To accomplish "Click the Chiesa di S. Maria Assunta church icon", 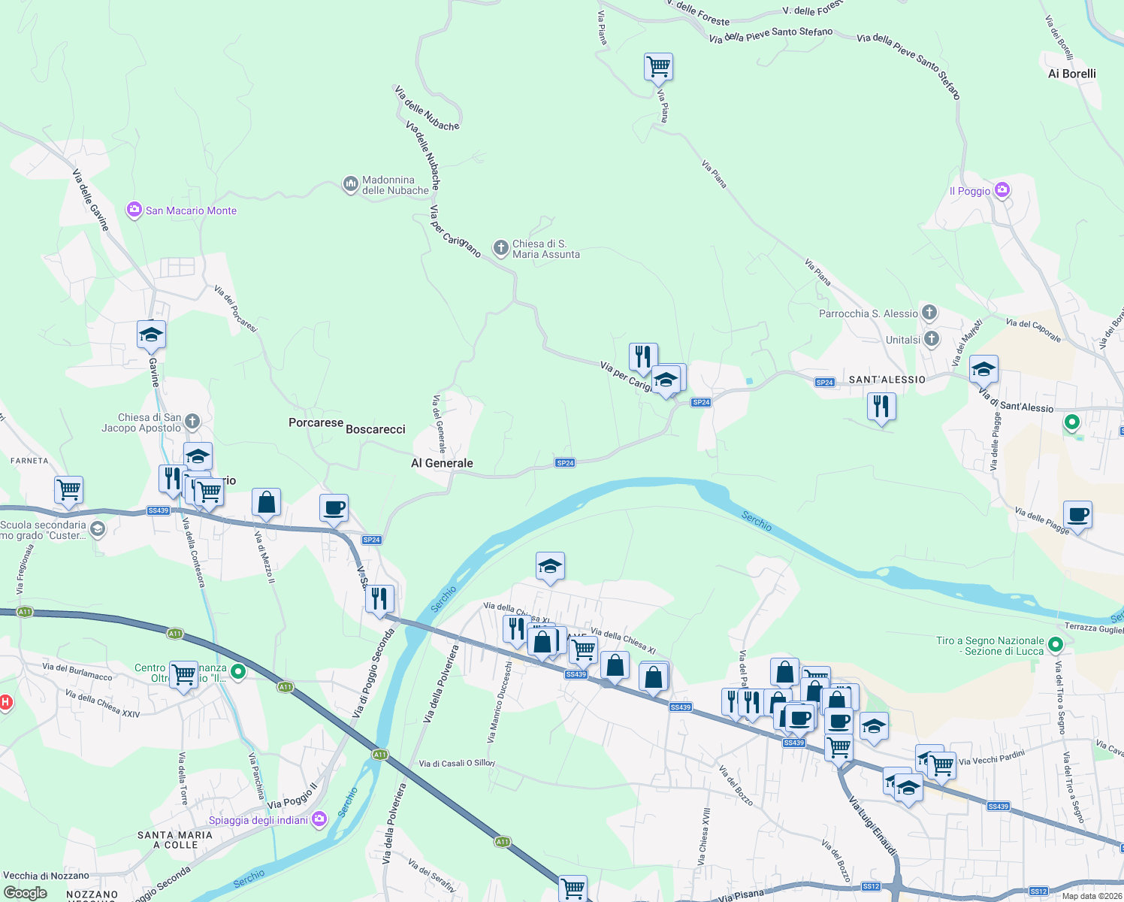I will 501,248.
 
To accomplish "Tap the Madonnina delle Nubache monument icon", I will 350,184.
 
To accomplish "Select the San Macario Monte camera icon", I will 134,210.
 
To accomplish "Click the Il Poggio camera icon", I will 1002,190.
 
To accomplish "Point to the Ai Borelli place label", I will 1071,74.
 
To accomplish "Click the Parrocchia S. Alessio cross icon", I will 929,313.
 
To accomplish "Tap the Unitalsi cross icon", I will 932,339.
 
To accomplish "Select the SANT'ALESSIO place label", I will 887,380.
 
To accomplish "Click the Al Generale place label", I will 442,463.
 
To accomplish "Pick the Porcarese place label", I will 316,422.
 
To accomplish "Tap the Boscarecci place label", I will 375,429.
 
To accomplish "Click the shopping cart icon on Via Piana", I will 658,67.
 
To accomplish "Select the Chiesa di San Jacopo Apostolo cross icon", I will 192,422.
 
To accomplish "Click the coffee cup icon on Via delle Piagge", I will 1077,516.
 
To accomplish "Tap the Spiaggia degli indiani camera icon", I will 319,819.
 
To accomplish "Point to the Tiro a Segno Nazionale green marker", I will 1056,645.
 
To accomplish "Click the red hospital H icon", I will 5,703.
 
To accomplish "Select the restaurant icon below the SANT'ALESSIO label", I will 881,407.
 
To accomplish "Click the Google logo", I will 26,893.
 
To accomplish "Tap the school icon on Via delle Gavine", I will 151,335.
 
